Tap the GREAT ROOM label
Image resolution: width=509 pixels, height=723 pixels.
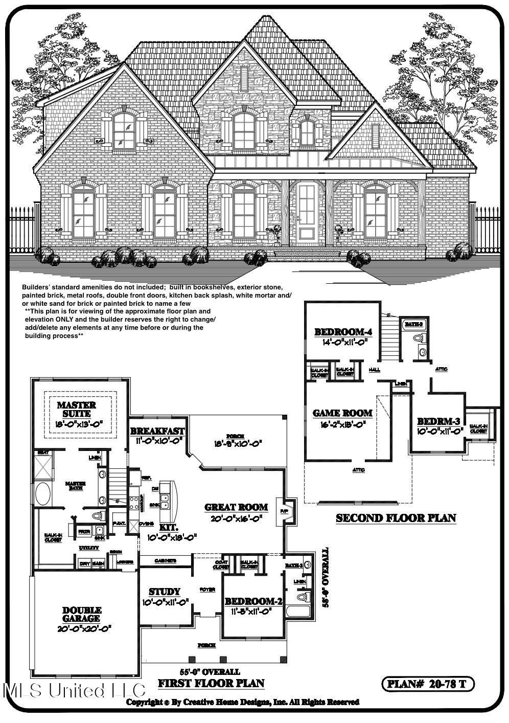236,507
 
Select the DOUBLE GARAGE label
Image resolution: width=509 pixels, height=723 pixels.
82,614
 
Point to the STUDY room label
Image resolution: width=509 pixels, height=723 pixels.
165,592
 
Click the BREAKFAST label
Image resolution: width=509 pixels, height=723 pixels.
157,431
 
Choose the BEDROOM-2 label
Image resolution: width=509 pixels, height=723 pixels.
253,601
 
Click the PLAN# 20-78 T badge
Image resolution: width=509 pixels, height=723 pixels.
428,684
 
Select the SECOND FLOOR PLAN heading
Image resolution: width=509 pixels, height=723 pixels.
396,518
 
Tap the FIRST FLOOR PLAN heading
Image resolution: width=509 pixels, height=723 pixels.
211,683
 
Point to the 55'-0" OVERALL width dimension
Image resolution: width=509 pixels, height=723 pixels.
210,672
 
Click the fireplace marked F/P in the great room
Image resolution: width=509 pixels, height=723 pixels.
284,511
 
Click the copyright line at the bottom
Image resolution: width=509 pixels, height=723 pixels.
243,702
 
